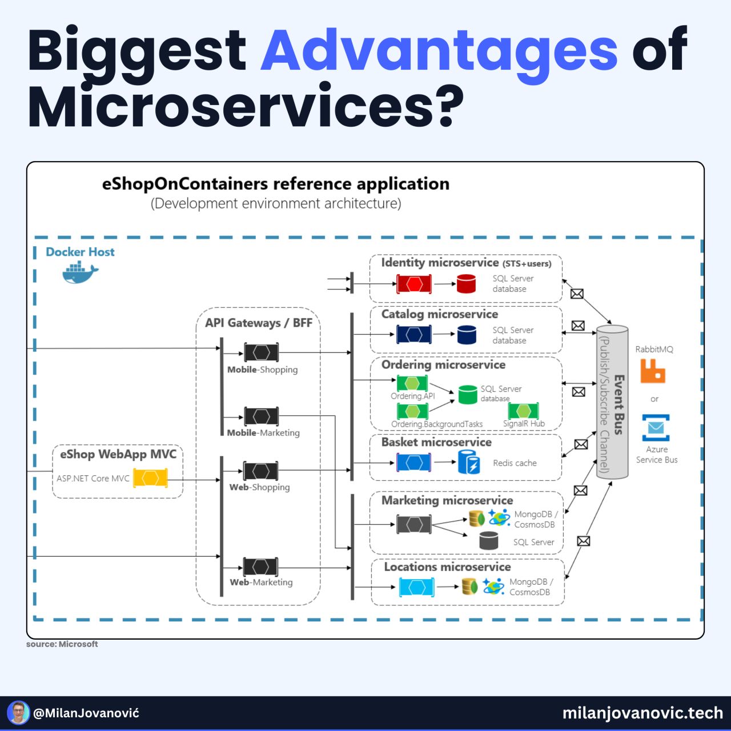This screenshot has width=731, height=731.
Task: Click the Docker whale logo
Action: tap(79, 272)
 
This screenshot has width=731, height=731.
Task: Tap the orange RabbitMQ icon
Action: tap(653, 371)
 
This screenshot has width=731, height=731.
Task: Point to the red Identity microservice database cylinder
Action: tap(466, 284)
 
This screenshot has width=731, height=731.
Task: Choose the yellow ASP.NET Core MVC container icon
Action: tap(150, 478)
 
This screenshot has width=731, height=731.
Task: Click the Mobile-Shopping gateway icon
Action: tap(262, 352)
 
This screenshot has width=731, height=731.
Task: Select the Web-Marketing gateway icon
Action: tap(260, 567)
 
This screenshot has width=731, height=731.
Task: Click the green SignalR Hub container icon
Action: tap(523, 411)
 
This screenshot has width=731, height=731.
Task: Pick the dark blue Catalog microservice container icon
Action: tap(414, 335)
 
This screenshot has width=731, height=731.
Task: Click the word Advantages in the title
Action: tap(439, 50)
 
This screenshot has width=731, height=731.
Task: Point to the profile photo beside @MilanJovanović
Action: tap(18, 713)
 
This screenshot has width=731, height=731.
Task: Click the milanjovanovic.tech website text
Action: tap(642, 713)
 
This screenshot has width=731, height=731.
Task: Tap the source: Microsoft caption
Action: tap(62, 644)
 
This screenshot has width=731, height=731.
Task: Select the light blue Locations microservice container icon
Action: tap(416, 587)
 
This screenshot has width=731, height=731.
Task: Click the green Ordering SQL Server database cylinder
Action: tap(467, 394)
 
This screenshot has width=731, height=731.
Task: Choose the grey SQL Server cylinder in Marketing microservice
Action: tap(488, 541)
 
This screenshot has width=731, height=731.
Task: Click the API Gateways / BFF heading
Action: tap(258, 323)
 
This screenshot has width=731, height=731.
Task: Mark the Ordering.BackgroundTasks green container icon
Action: tap(412, 411)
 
